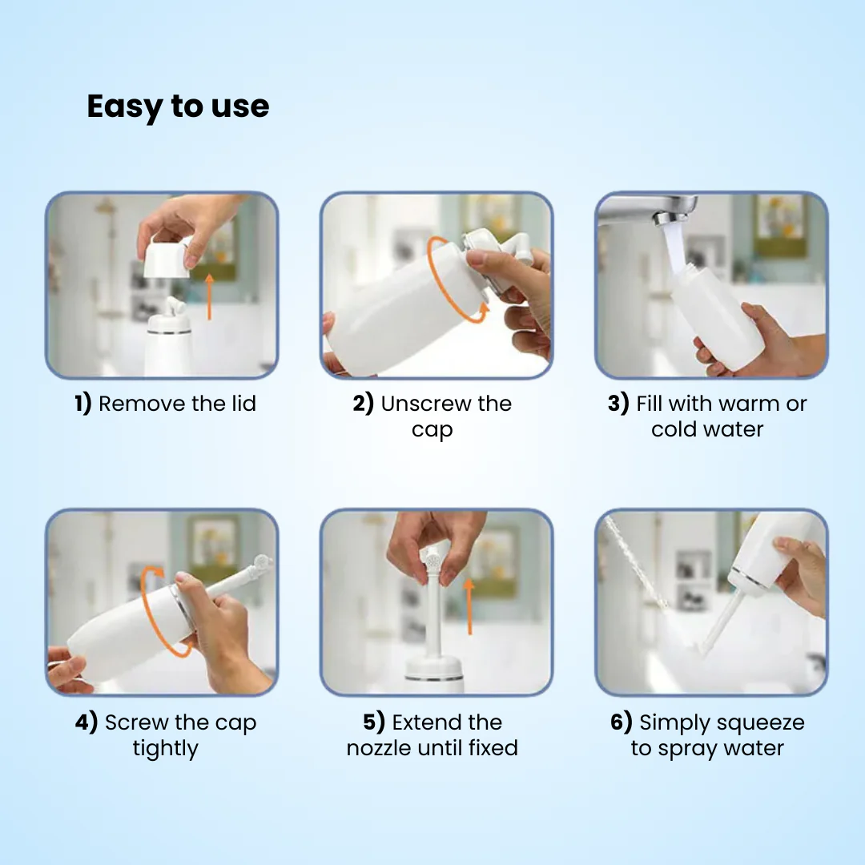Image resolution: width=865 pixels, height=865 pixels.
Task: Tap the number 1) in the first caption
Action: point(83,404)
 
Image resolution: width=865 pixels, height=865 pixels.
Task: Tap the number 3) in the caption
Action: point(618,404)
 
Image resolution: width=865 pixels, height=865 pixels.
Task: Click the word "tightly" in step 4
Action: point(165,749)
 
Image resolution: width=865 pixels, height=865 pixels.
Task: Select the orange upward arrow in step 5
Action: point(469,605)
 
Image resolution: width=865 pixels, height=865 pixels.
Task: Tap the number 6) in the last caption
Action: point(622,722)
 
